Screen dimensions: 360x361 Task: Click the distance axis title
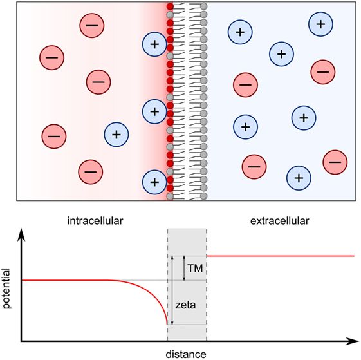click(187, 354)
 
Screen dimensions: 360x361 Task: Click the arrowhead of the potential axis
click(23, 236)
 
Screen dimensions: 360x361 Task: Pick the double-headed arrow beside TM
click(185, 268)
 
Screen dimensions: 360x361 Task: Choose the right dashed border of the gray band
click(207, 303)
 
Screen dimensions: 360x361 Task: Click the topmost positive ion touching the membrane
click(154, 44)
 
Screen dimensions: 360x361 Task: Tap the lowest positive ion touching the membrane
click(154, 182)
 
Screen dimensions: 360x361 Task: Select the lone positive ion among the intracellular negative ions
click(116, 135)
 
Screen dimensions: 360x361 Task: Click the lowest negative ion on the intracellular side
click(90, 171)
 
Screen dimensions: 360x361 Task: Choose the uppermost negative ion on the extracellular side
click(323, 71)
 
